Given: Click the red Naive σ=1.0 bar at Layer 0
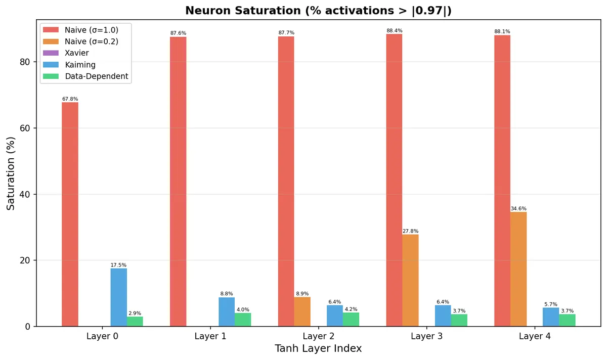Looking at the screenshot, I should coord(70,214).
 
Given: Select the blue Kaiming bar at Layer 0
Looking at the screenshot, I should coord(119,297).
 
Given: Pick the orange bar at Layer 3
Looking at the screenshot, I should coord(410,280).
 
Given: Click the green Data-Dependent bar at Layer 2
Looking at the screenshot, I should coord(351,320).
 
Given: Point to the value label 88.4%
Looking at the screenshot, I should coord(394,31).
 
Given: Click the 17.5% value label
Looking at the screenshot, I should coord(118,265).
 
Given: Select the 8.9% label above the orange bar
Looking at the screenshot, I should coord(302,294).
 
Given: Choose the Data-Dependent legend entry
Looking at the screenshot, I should coord(96,76).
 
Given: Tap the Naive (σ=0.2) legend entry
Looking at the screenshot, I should coord(91,41).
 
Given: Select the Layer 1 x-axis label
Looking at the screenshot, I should coord(210,336).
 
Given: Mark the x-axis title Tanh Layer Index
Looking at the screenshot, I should coord(318,349).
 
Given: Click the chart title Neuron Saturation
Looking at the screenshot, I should coord(318,11).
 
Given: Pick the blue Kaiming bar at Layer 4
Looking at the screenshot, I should coord(551,317).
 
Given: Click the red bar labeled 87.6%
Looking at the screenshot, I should coord(178,182).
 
